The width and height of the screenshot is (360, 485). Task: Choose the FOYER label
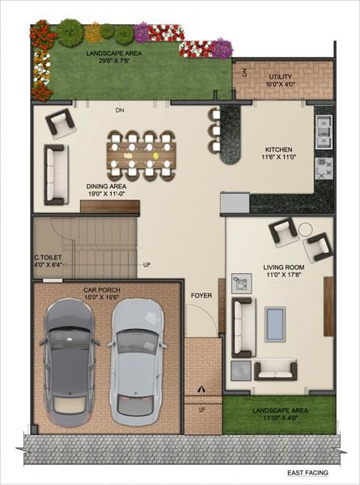(201, 296)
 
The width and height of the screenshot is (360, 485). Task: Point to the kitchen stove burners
(324, 168)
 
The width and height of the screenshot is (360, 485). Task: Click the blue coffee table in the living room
(275, 323)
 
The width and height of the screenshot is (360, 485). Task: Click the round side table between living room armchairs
(306, 230)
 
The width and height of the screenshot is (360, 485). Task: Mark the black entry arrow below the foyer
(201, 389)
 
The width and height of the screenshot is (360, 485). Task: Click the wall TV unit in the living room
(328, 306)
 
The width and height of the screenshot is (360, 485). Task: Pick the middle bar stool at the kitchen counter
(214, 129)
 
